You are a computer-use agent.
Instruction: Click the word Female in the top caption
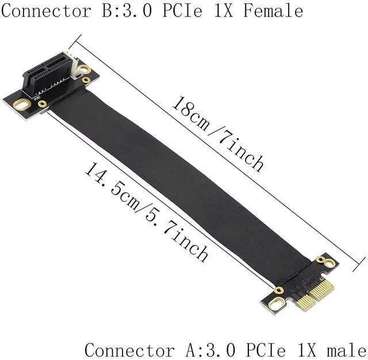pos(273,11)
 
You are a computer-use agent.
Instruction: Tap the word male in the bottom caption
pos(346,350)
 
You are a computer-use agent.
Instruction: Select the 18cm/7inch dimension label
pos(217,133)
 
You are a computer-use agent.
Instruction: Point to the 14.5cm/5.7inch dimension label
pos(146,212)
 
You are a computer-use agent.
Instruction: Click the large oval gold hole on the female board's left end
pos(22,105)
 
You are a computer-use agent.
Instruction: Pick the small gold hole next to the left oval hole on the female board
pos(42,104)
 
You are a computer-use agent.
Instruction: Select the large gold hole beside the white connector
pos(85,69)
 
